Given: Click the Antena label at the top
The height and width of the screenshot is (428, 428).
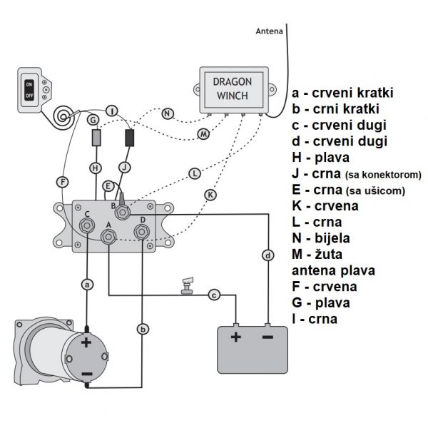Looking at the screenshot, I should point(269,31).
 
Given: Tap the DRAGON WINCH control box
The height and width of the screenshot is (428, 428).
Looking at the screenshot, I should point(233,90).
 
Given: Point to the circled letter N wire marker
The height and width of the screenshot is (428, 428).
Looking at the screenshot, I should point(167,113).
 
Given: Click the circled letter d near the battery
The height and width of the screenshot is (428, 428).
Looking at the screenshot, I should point(268,255).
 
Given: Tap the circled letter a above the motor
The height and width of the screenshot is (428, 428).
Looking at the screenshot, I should point(87,284).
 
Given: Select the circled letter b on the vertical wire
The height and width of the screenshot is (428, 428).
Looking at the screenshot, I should point(143,329).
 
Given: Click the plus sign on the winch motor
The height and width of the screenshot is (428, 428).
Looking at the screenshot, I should point(87,342).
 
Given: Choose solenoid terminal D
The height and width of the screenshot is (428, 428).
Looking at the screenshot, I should point(143,231).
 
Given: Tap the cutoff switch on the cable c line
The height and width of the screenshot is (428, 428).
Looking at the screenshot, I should point(187,286).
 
